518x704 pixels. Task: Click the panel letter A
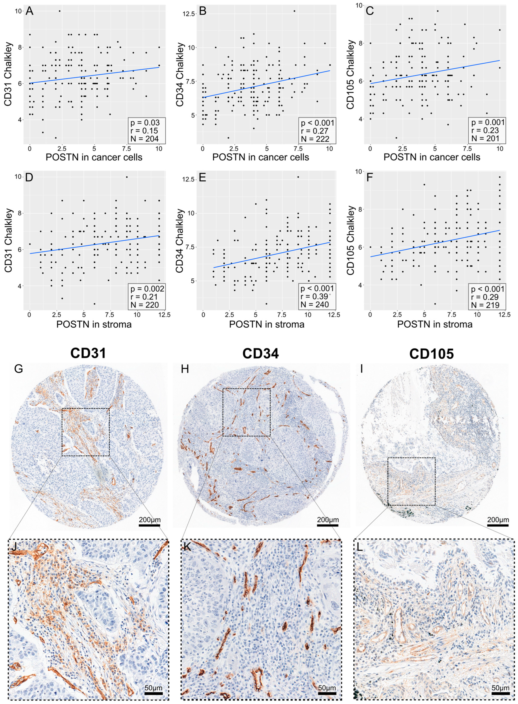coord(29,11)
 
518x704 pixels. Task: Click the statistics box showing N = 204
coord(147,131)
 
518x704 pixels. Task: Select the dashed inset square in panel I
coord(411,481)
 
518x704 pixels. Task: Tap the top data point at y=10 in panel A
coord(60,11)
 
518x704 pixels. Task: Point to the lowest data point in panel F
coord(435,304)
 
